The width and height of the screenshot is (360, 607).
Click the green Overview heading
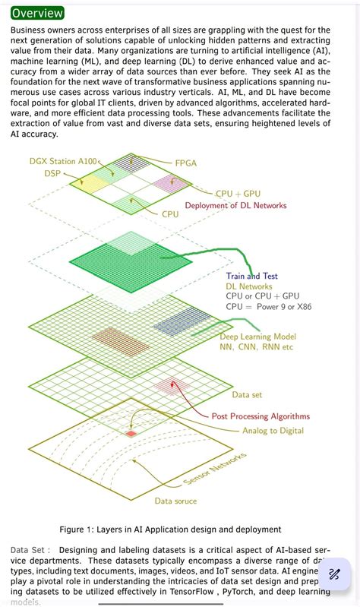pos(37,13)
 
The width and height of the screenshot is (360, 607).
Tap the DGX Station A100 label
pos(64,161)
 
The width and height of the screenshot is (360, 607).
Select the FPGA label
pos(185,163)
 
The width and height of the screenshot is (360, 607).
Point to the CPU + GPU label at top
pos(238,194)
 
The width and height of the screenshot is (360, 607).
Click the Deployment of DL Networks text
pos(236,205)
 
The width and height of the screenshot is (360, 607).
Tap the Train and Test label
pos(251,276)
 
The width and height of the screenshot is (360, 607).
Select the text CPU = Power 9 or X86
pos(268,307)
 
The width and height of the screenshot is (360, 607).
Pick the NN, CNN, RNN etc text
pos(256,347)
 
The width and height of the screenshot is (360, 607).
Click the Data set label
pos(247,394)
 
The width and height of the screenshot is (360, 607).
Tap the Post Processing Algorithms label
pos(261,416)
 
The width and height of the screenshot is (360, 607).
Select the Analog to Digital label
pos(273,431)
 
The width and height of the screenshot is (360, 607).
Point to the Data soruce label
pos(175,501)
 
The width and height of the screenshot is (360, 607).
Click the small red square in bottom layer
pos(131,433)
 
